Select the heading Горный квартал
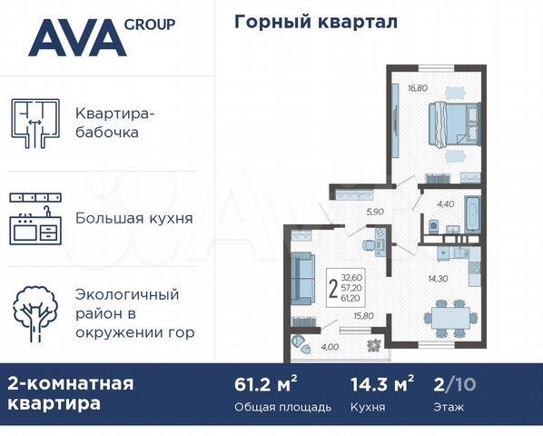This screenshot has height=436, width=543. pyautogui.click(x=316, y=22)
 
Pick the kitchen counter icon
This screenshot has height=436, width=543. pyautogui.click(x=36, y=218)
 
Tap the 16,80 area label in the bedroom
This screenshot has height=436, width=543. pyautogui.click(x=417, y=88)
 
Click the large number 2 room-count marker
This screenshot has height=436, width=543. pyautogui.click(x=333, y=289)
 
